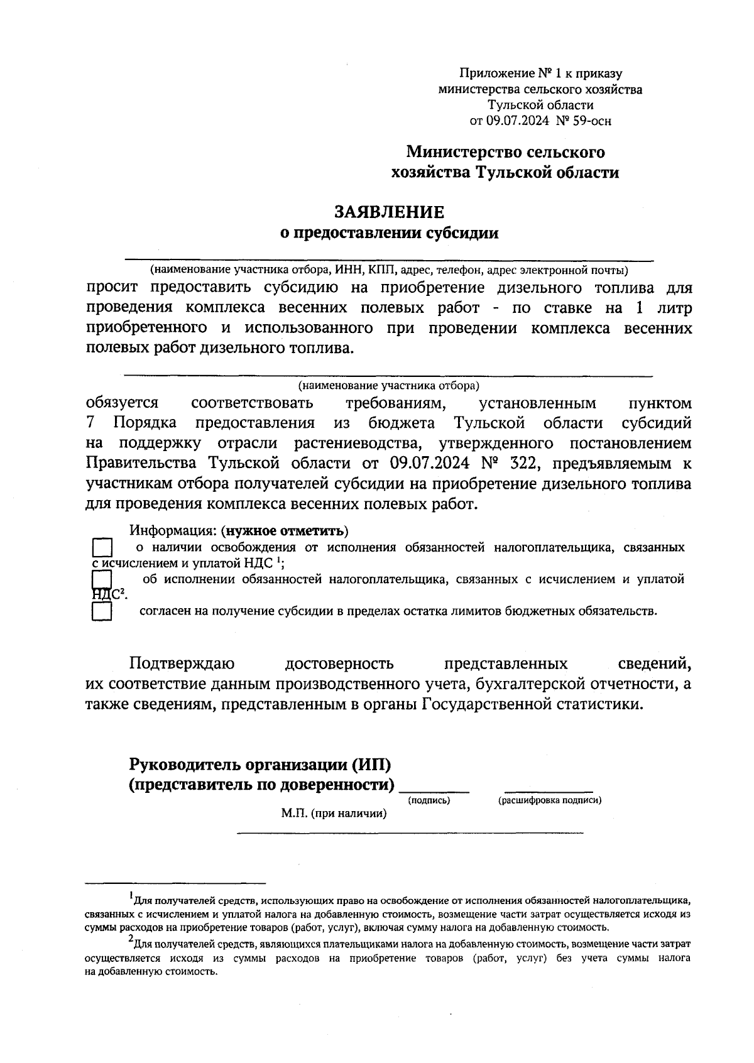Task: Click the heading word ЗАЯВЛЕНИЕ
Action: point(388,212)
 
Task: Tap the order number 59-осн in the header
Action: point(589,121)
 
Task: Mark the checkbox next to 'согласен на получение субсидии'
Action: point(102,611)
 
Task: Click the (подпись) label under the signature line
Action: point(429,800)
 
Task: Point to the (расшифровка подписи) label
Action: point(550,800)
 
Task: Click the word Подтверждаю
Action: point(182,663)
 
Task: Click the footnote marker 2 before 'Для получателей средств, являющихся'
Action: point(131,939)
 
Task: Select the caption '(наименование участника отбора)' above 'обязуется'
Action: point(388,384)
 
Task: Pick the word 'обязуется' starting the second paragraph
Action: point(122,403)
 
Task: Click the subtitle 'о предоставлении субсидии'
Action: point(388,234)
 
